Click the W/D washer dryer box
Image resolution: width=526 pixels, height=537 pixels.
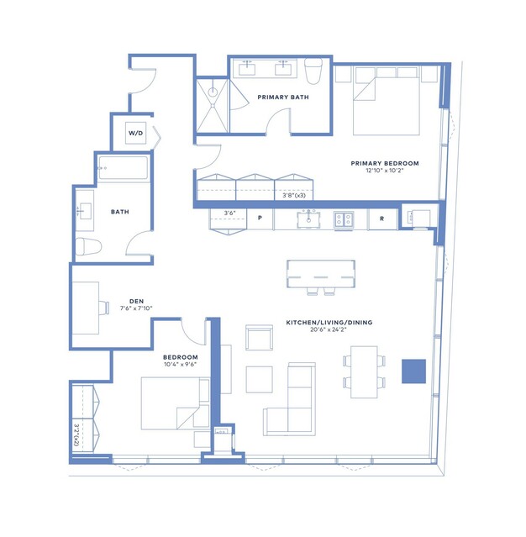coord(135,133)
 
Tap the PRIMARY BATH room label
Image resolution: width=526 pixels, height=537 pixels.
coord(283,97)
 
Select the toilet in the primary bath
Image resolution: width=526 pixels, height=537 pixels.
coord(313,71)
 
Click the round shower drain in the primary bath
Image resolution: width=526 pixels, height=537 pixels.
coord(213,92)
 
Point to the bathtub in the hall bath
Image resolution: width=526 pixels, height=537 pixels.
coord(124,168)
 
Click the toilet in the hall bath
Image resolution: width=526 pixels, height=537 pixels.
coord(88,246)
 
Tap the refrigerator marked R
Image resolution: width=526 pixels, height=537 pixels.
coord(382,218)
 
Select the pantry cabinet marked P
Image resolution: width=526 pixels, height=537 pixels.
coord(260,218)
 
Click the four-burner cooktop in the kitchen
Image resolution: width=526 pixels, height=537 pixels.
coord(344,219)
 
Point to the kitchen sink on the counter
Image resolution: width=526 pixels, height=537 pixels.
coord(308,218)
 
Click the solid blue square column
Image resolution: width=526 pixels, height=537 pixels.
coord(413,371)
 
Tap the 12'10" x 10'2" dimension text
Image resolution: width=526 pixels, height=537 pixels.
coord(385,171)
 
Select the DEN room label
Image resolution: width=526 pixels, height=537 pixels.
coord(137,301)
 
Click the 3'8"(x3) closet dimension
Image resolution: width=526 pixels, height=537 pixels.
coord(294,195)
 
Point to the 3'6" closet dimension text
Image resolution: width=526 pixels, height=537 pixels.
coord(229,213)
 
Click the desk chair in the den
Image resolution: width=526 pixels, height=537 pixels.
coord(103,308)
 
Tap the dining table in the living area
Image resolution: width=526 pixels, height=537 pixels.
coord(364,372)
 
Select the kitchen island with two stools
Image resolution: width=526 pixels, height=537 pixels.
coord(321,274)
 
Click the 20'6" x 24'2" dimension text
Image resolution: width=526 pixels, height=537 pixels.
coord(329,329)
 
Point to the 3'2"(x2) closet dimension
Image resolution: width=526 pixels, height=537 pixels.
coord(76,435)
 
